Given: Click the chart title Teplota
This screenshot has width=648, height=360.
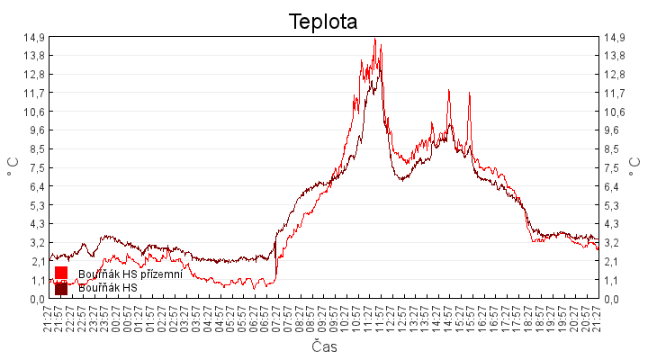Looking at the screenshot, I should click(323, 21).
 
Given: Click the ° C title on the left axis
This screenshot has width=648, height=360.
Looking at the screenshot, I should click(13, 167).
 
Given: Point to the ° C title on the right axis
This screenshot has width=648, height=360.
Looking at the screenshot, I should click(636, 167).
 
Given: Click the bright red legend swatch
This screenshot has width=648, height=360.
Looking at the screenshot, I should click(61, 273).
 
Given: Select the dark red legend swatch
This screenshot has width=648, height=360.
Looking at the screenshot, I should click(61, 288).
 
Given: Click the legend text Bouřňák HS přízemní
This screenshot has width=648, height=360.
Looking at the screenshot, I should click(130, 274).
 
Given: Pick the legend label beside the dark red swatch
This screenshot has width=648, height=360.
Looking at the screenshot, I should click(107, 288).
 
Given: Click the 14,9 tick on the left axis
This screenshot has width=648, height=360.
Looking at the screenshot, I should click(35, 37).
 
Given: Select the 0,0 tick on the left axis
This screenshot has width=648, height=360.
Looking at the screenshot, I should click(35, 299).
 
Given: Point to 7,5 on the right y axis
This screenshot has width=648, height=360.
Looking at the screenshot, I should click(613, 168).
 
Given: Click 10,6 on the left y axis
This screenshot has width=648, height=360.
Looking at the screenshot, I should click(35, 112).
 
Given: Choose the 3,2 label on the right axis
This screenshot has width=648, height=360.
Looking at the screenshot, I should click(613, 243).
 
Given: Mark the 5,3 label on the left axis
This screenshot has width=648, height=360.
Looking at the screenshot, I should click(35, 205).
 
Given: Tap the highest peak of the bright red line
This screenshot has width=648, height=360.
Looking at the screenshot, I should click(374, 39).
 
